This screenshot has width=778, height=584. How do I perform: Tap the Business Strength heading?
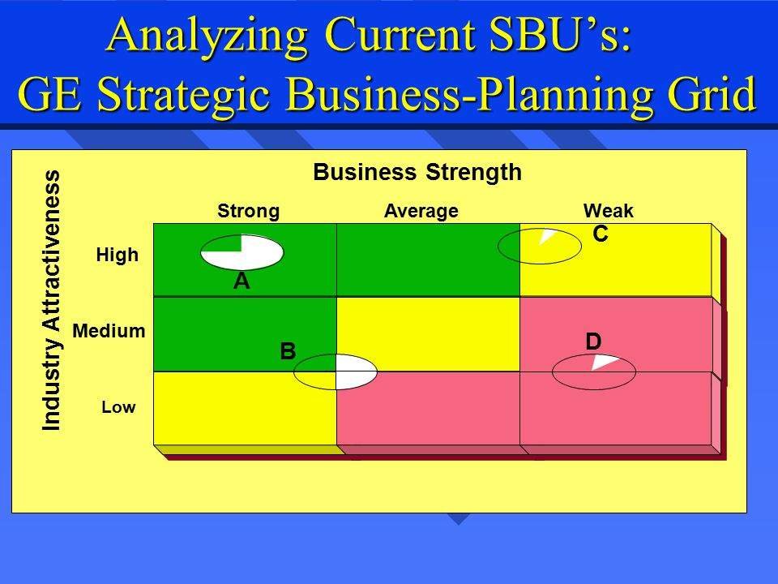pyautogui.click(x=417, y=173)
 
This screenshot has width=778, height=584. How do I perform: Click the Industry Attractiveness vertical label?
pyautogui.click(x=53, y=300)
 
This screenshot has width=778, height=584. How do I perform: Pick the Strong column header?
pyautogui.click(x=248, y=212)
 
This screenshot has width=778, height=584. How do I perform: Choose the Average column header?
pyautogui.click(x=421, y=212)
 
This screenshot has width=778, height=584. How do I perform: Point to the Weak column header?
pyautogui.click(x=608, y=212)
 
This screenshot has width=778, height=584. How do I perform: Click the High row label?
pyautogui.click(x=118, y=255)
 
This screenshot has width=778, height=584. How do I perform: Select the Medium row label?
pyautogui.click(x=109, y=331)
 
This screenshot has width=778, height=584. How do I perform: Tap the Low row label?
pyautogui.click(x=118, y=408)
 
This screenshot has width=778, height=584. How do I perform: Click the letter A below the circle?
pyautogui.click(x=241, y=281)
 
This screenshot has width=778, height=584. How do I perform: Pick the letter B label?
pyautogui.click(x=287, y=352)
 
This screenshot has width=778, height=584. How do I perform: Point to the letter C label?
pyautogui.click(x=600, y=234)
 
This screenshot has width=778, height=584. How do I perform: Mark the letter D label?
pyautogui.click(x=593, y=343)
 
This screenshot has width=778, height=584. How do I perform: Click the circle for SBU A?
pyautogui.click(x=242, y=252)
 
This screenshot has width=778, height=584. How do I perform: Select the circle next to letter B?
pyautogui.click(x=335, y=372)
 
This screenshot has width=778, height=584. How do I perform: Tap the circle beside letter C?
pyautogui.click(x=539, y=247)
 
